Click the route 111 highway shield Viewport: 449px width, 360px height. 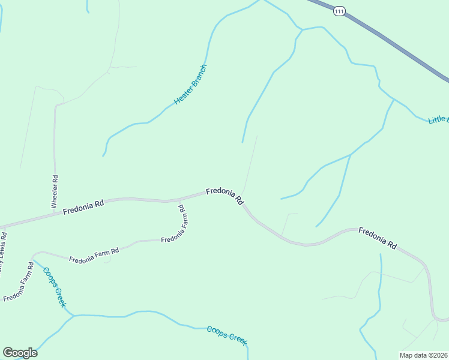(340, 11)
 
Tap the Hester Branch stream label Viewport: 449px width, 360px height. (190, 85)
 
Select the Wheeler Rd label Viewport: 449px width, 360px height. (54, 191)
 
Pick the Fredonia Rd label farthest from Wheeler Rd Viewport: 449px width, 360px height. (378, 238)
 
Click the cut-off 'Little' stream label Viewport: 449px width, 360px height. (438, 119)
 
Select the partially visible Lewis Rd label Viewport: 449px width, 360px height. (4, 252)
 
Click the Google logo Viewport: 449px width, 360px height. (20, 353)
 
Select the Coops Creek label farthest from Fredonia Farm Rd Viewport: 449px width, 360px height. (227, 335)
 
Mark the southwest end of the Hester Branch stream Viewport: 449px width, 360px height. (103, 156)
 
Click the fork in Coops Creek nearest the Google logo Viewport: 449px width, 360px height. (73, 315)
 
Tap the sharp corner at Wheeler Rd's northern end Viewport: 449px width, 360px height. (56, 106)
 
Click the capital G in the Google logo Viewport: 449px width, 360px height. (8, 353)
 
